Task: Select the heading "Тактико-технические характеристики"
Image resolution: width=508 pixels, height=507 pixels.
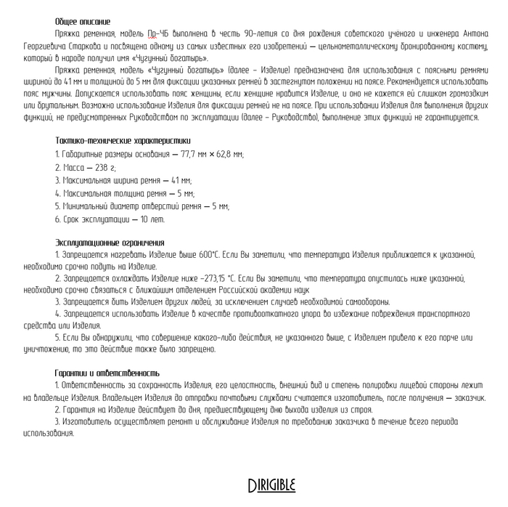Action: click(113, 139)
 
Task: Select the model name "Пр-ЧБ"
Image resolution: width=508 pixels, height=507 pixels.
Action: click(157, 33)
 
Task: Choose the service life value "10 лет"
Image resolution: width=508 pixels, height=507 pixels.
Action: click(153, 219)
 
